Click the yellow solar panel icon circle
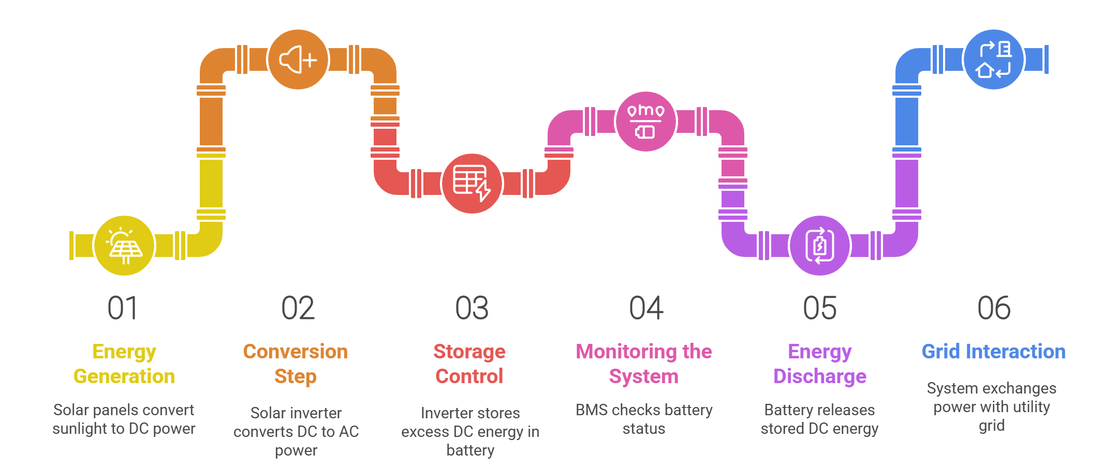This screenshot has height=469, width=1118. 124,246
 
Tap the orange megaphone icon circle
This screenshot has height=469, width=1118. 298,59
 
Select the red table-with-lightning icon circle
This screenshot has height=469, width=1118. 472,184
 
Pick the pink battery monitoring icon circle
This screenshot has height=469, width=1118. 645,122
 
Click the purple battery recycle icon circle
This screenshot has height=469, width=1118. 819,246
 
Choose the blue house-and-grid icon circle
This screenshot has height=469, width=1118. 993,59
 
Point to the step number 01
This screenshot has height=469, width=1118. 123,308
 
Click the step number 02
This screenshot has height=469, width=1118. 298,308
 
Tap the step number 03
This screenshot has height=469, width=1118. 472,308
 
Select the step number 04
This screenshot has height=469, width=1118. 646,308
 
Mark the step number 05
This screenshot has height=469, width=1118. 820,308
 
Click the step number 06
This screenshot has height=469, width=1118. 994,308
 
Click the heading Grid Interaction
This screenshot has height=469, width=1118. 993,352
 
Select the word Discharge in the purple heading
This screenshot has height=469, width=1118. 820,376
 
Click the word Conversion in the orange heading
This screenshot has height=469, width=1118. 296,352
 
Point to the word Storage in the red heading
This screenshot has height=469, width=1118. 469,352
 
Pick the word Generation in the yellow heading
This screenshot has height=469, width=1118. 124,376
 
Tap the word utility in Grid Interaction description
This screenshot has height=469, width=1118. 1031,407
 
